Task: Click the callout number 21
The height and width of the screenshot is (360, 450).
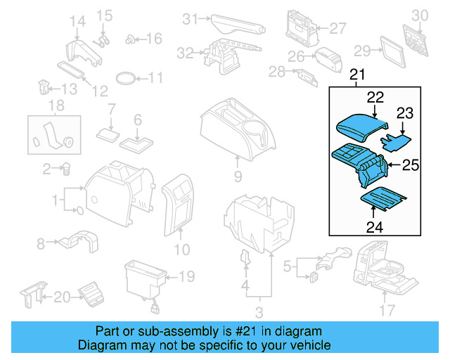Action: click(358, 75)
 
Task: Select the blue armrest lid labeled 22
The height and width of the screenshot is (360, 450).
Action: click(361, 129)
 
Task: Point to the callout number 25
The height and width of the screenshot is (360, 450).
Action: click(410, 165)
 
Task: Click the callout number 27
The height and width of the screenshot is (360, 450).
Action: click(338, 29)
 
